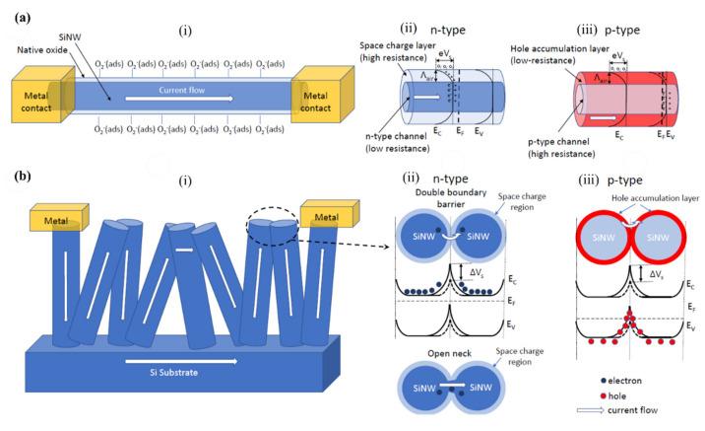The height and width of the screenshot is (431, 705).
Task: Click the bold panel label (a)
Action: (x=17, y=12)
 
